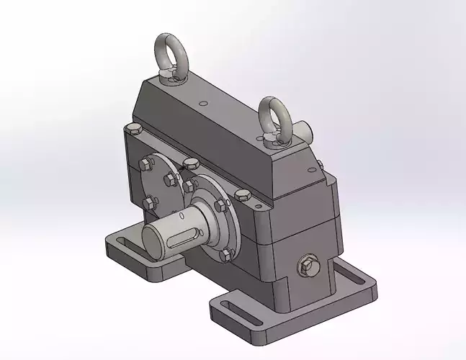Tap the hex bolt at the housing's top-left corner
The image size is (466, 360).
click(x=133, y=130)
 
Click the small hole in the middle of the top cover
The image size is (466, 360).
click(x=204, y=103)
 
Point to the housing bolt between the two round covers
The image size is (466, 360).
click(x=191, y=163)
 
